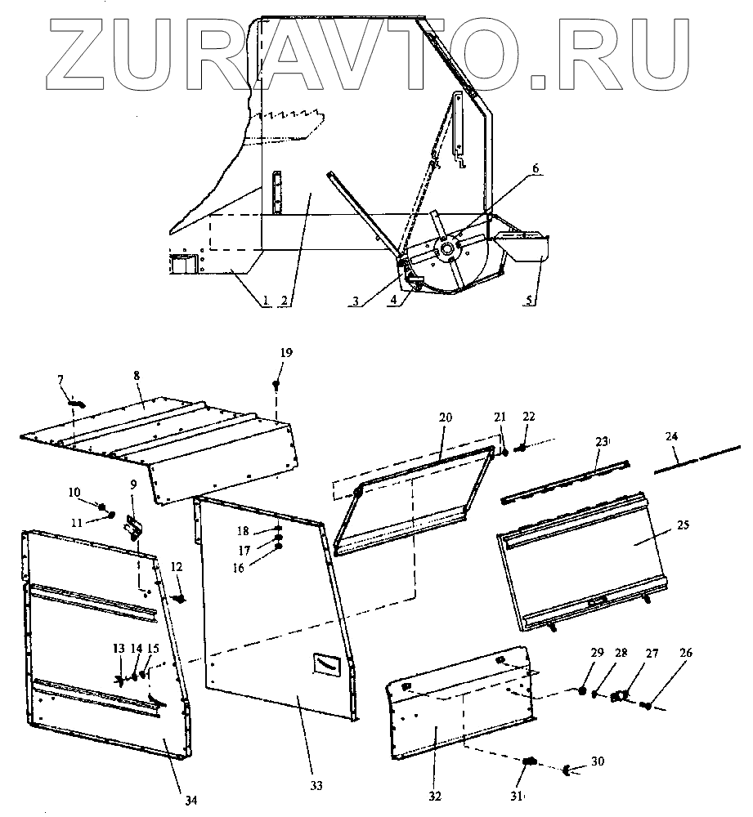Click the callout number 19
(x=285, y=352)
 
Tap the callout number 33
(x=316, y=785)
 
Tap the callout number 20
(x=445, y=417)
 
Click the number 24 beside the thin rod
(x=671, y=437)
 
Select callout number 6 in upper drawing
(x=536, y=168)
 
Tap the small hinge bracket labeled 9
(x=133, y=529)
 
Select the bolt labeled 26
(x=646, y=702)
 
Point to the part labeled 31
(x=529, y=761)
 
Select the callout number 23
(x=602, y=442)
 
